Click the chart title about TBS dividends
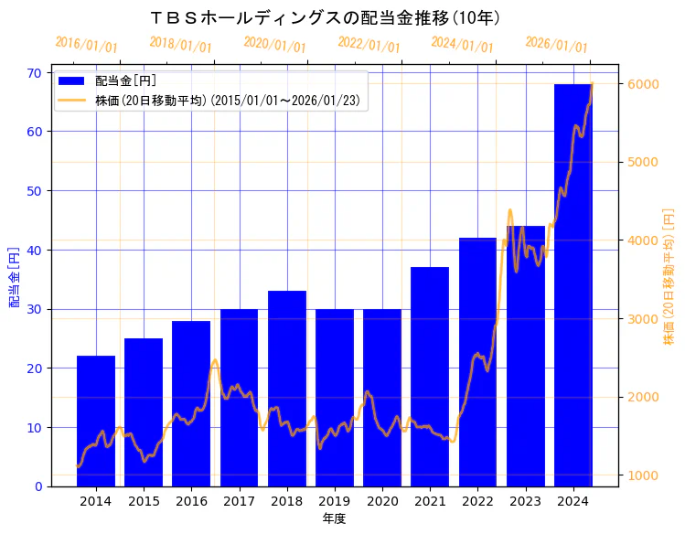point(325,17)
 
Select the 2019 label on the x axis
point(334,501)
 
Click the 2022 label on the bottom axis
point(477,501)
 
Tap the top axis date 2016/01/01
point(87,45)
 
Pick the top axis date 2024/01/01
point(463,45)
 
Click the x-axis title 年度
point(334,519)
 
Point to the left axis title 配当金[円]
point(14,277)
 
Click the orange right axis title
point(669,277)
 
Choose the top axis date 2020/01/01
point(275,45)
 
